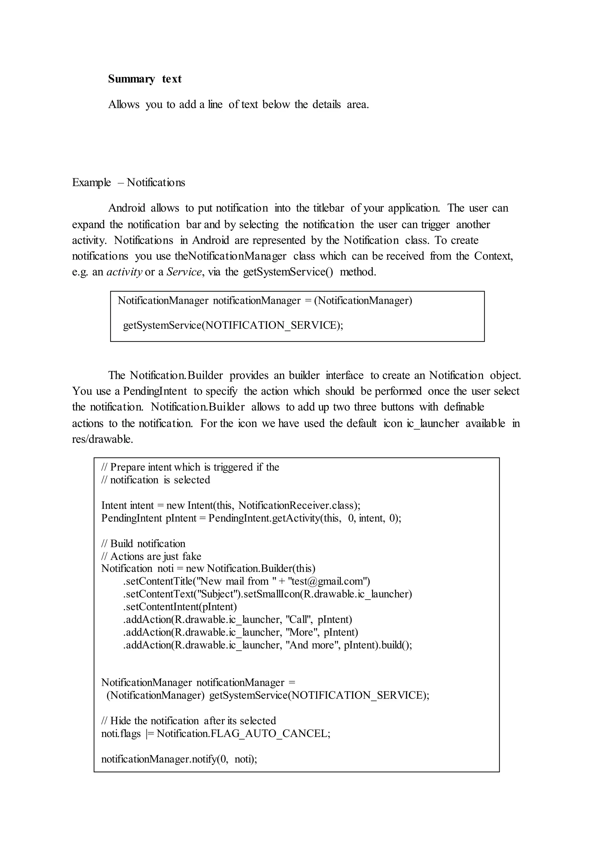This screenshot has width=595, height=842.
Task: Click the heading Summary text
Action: (x=145, y=79)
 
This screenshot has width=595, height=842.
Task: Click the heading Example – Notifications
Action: (x=129, y=182)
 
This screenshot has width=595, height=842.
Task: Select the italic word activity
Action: (x=124, y=272)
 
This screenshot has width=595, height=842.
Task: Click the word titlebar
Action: (x=328, y=208)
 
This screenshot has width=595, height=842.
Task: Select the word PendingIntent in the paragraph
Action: (x=155, y=391)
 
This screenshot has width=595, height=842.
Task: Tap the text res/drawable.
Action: (x=103, y=439)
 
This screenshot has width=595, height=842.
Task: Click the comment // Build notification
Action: (x=143, y=543)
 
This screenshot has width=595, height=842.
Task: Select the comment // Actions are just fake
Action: (x=151, y=556)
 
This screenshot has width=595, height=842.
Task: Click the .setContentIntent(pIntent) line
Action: (x=180, y=606)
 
